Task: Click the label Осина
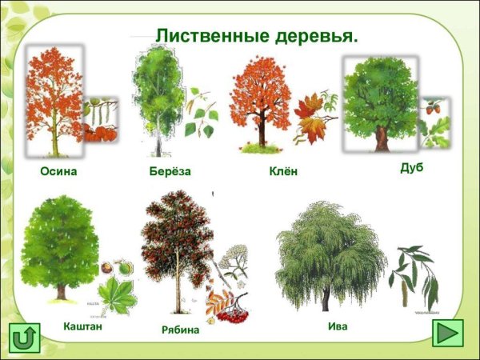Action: [58, 172]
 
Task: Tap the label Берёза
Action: [170, 171]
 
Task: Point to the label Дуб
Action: [411, 168]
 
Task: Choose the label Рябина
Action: [180, 330]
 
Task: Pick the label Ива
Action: [338, 326]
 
